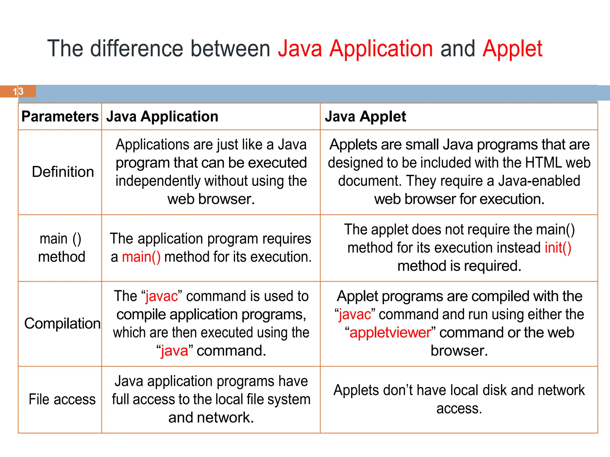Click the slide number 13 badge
18,91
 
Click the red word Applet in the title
512,49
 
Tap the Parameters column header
60,117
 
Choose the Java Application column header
162,117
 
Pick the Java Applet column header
365,117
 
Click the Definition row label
63,172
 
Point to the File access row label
62,399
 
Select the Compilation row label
62,323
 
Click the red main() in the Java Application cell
141,257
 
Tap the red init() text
558,248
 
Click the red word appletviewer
390,333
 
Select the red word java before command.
175,351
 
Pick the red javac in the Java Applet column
355,314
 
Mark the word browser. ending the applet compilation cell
459,351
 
